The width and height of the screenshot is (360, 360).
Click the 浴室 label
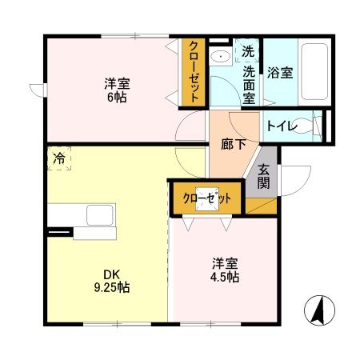280,72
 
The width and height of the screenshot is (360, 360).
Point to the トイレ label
282,126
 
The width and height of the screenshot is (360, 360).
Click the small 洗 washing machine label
248,52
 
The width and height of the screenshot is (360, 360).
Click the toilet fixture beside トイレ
318,126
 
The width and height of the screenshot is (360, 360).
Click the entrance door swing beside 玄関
293,178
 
